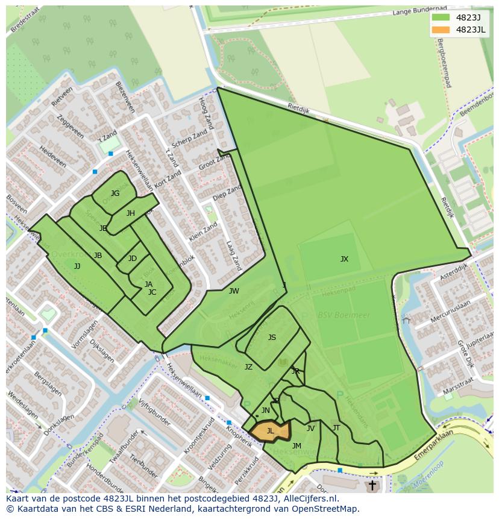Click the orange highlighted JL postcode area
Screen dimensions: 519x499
point(270,432)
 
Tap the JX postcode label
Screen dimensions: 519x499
point(344,259)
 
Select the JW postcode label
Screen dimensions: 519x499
point(234,291)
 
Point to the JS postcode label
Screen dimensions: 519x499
point(272,338)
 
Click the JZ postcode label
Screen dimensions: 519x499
point(248,366)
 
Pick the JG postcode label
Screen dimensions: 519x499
point(115,193)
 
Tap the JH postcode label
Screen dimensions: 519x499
point(131,213)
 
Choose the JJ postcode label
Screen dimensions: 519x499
point(77,266)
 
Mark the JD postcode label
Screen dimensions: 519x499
point(133,259)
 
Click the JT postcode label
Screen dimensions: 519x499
point(336,428)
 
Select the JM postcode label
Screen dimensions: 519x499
point(297,446)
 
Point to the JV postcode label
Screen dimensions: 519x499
point(310,429)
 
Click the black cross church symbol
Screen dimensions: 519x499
point(372,485)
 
